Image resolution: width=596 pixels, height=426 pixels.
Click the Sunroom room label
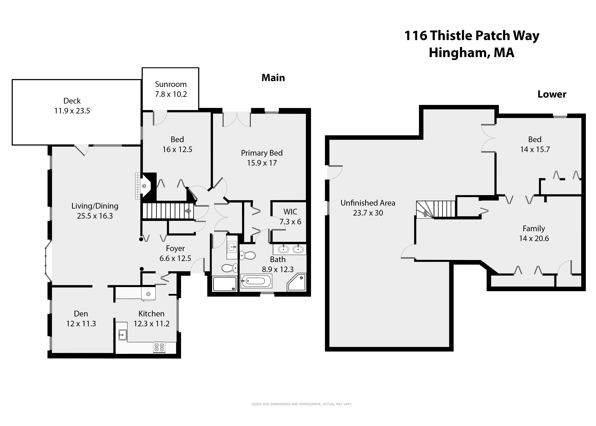tap(171, 84)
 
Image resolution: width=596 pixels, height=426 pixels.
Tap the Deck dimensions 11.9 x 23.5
tap(72, 111)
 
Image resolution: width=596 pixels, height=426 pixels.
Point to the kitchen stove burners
tap(159, 347)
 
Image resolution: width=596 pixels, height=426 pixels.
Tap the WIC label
tap(290, 212)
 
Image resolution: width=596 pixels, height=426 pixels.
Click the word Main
tap(273, 78)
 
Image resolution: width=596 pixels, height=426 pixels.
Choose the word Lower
tap(552, 94)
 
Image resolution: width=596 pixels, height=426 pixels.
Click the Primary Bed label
tap(262, 153)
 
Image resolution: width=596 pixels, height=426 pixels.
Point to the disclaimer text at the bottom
tap(302, 404)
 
